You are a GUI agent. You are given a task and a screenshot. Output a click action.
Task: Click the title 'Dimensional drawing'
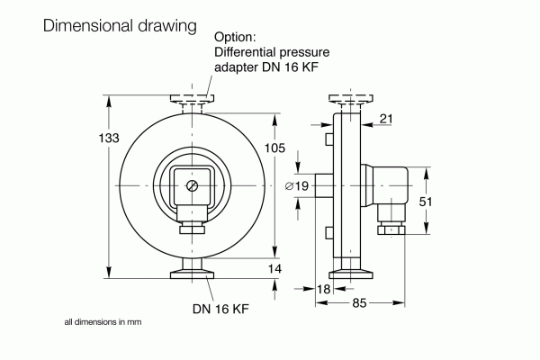(x=120, y=26)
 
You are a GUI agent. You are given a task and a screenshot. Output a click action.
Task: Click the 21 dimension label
(x=387, y=118)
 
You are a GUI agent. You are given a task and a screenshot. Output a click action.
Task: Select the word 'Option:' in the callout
(x=236, y=37)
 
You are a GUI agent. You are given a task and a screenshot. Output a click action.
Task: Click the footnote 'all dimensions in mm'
(x=103, y=321)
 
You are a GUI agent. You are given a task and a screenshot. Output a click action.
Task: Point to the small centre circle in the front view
(x=193, y=185)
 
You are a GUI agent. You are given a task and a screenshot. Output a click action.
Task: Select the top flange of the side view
(x=346, y=97)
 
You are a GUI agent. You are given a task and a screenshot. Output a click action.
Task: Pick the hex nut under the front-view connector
(x=192, y=230)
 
